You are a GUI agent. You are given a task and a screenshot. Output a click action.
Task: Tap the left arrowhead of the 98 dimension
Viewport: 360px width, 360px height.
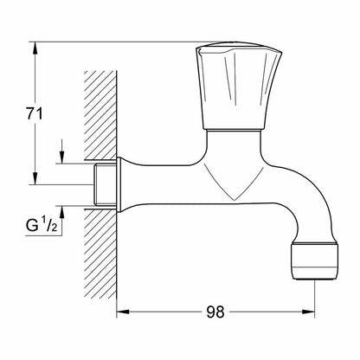[120, 312]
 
